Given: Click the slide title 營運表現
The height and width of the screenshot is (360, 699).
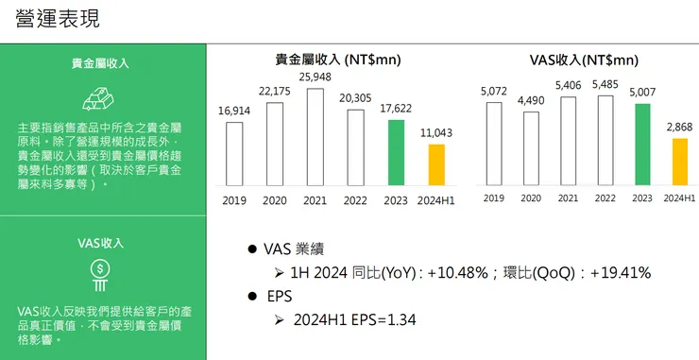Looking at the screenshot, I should pyautogui.click(x=58, y=19).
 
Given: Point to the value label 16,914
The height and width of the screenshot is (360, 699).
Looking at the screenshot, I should pyautogui.click(x=234, y=111).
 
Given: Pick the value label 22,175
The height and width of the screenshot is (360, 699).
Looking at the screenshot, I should pyautogui.click(x=275, y=91).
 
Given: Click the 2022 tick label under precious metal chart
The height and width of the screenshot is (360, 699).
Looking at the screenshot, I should pyautogui.click(x=356, y=199).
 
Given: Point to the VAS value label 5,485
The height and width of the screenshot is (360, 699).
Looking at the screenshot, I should pyautogui.click(x=605, y=84).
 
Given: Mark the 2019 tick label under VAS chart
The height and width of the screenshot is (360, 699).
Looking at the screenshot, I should pyautogui.click(x=494, y=197).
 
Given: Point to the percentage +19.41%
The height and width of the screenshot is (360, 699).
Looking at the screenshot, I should pyautogui.click(x=620, y=272).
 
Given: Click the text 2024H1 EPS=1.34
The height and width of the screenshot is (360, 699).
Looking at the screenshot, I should pyautogui.click(x=355, y=320).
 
